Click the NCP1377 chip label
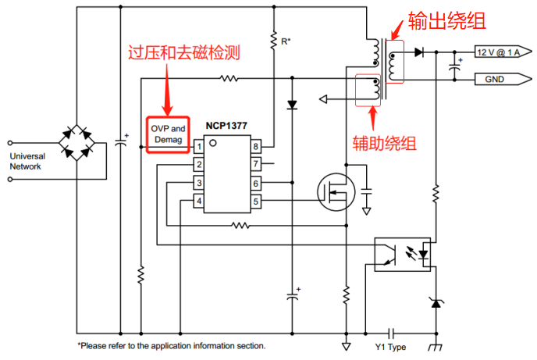tap(227, 125)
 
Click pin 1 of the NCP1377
tap(199, 146)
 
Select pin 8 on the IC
tap(255, 146)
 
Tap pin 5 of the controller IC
tap(255, 201)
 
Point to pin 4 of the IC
tap(199, 201)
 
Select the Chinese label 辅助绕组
tap(384, 143)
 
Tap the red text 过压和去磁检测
tap(183, 54)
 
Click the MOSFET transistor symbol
tap(336, 191)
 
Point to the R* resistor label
tap(286, 40)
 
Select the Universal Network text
tap(28, 161)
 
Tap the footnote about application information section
tap(171, 345)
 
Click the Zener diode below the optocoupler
tap(436, 301)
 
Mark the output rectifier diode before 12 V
tap(419, 52)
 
